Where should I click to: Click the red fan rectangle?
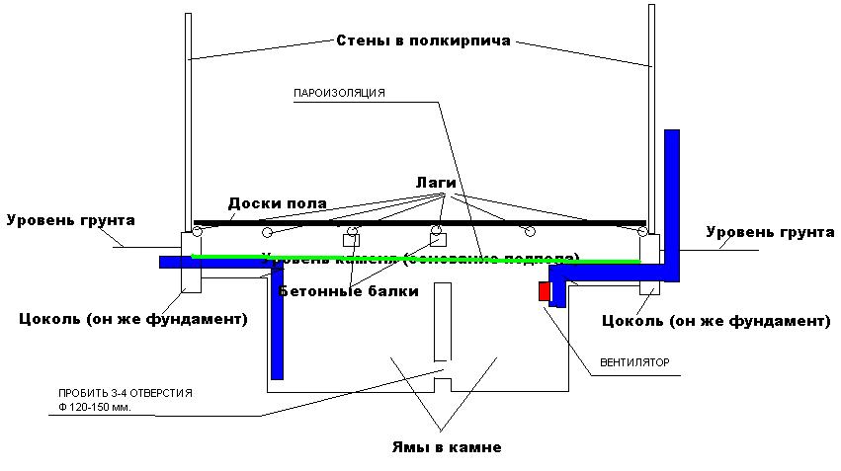pyautogui.click(x=544, y=291)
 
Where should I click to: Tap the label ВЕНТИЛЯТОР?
pyautogui.click(x=634, y=362)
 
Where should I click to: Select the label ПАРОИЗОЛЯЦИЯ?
pyautogui.click(x=338, y=94)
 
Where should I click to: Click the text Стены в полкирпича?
pyautogui.click(x=422, y=41)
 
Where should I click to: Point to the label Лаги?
pyautogui.click(x=432, y=184)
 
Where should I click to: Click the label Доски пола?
pyautogui.click(x=278, y=203)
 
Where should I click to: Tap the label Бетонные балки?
pyautogui.click(x=348, y=291)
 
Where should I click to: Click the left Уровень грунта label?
pyautogui.click(x=70, y=219)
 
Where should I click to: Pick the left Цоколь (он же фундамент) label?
pyautogui.click(x=133, y=319)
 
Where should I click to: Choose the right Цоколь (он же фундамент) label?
pyautogui.click(x=716, y=321)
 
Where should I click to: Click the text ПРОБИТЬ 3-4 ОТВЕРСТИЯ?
pyautogui.click(x=125, y=392)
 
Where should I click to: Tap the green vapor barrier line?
pyautogui.click(x=415, y=259)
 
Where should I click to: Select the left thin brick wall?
pyautogui.click(x=187, y=118)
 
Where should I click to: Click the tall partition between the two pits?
pyautogui.click(x=442, y=322)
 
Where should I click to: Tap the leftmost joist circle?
pyautogui.click(x=198, y=232)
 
